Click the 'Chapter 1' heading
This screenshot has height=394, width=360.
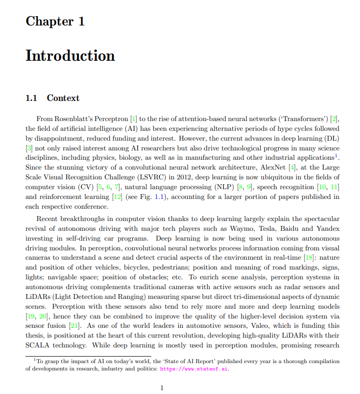pos(55,22)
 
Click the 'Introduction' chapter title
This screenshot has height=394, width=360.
pos(70,55)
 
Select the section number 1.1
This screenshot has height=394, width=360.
pos(31,98)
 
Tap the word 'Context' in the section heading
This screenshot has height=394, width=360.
pos(63,98)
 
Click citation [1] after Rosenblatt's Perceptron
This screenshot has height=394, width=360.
pos(133,119)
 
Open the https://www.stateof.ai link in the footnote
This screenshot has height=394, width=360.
pos(194,369)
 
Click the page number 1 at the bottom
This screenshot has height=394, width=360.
pos(162,388)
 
